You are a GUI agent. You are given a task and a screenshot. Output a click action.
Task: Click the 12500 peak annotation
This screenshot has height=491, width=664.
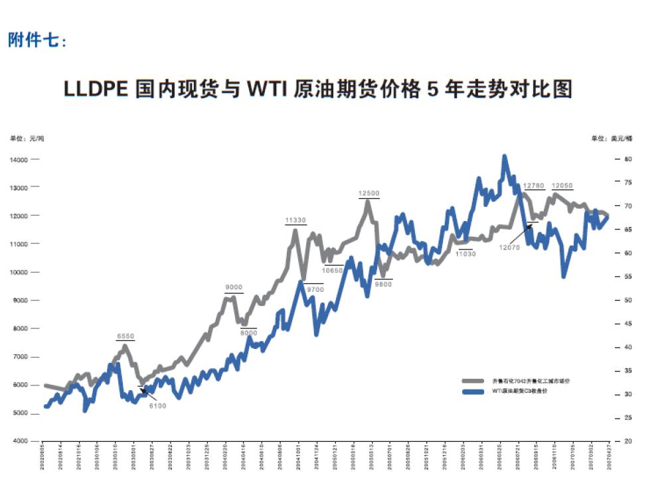[369, 193]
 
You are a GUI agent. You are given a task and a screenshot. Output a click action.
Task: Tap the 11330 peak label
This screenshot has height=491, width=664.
[295, 220]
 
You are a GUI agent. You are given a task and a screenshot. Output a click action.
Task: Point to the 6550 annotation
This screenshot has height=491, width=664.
[125, 336]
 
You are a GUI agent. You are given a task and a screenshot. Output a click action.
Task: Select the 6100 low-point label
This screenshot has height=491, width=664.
[157, 405]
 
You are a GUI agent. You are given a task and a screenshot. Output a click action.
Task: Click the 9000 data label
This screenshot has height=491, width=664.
[234, 287]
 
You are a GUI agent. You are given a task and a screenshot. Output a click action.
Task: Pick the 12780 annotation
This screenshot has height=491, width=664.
[534, 186]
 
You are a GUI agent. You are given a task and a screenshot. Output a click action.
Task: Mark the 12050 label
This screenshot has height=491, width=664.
[562, 186]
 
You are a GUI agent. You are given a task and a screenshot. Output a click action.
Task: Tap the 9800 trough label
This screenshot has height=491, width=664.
[383, 283]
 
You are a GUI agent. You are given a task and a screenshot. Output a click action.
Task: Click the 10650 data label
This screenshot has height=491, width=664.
[333, 270]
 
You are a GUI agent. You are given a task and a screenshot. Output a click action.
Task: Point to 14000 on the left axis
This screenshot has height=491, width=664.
[18, 160]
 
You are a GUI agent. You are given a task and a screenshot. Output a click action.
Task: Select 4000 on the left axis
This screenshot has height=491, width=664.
[19, 441]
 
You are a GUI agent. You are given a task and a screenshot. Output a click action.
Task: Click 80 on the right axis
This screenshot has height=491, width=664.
[627, 160]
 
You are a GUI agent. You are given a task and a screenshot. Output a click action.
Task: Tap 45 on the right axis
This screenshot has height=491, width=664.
[627, 324]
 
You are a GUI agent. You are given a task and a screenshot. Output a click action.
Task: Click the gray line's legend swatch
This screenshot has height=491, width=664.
[473, 382]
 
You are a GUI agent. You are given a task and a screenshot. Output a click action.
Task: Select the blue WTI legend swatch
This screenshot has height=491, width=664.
[473, 391]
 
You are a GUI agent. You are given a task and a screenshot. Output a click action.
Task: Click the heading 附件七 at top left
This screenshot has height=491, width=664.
[38, 41]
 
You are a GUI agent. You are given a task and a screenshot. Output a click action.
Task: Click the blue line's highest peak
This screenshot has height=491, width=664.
[505, 157]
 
